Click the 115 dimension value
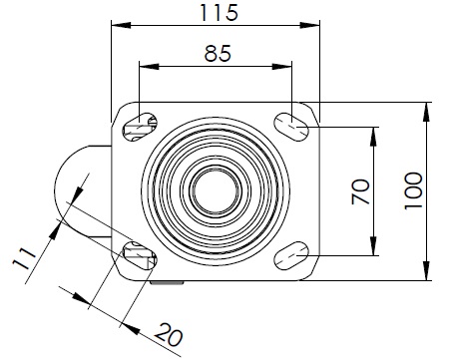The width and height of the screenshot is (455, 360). pos(219,13)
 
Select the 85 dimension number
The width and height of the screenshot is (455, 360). pos(218,53)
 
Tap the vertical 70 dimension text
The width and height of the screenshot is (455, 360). pos(360,191)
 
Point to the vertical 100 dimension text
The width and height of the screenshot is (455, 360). pos(413,190)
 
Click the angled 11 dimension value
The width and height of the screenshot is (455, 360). pos(24,258)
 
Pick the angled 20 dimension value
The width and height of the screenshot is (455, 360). pos(169,334)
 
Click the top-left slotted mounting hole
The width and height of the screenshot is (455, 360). pos(140,127)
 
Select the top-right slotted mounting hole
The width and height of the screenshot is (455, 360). pos(291,127)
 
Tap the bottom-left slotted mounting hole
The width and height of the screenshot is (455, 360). pos(140,255)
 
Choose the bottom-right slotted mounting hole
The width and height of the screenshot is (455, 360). pos(291,255)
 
